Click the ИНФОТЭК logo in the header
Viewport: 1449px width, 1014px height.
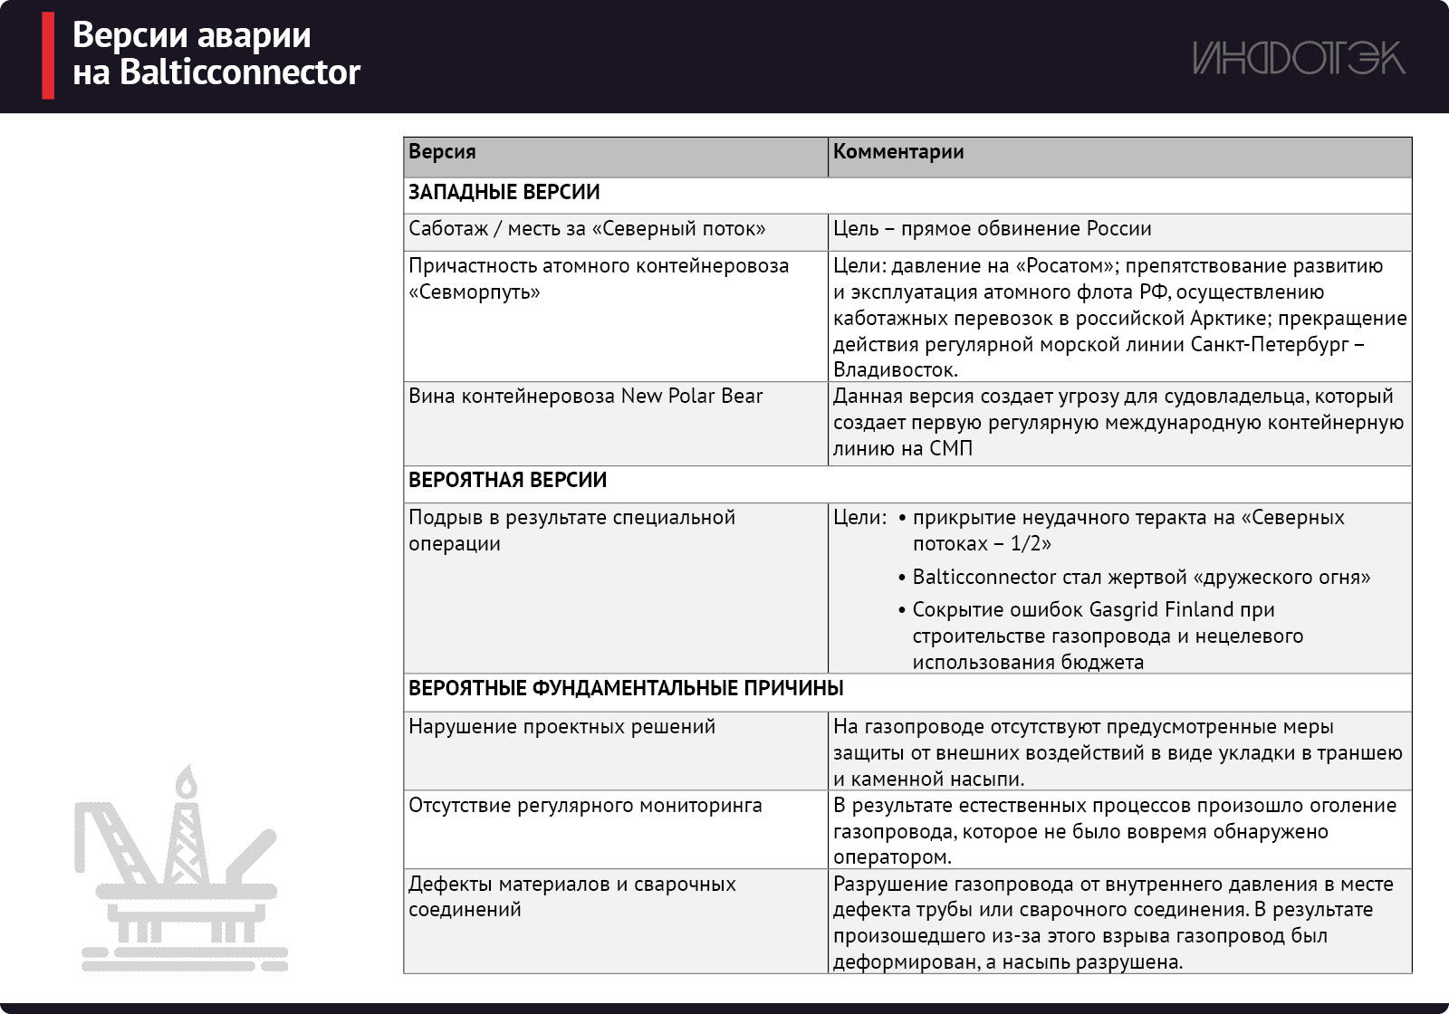[1298, 58]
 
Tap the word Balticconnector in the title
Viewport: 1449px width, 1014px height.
[240, 72]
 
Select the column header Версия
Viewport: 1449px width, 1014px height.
[442, 152]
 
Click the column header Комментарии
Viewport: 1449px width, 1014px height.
[897, 152]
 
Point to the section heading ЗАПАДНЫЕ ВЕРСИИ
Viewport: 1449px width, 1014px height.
[504, 192]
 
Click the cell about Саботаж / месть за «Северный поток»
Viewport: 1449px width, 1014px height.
[587, 229]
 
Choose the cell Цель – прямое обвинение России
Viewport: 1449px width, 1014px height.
[992, 229]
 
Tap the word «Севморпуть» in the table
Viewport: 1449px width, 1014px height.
[474, 292]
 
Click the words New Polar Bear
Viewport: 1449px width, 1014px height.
[692, 397]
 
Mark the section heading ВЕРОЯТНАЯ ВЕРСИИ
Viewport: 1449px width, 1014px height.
[507, 480]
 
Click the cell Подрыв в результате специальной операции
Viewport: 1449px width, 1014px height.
[571, 531]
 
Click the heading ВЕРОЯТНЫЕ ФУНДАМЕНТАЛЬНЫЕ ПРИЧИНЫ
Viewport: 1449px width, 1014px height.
[626, 688]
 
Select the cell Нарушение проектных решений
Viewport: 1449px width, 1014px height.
[561, 727]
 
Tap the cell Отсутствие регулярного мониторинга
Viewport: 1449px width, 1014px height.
[585, 806]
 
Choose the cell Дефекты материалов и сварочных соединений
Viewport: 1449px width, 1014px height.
[571, 896]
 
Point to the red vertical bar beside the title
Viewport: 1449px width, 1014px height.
[48, 55]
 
